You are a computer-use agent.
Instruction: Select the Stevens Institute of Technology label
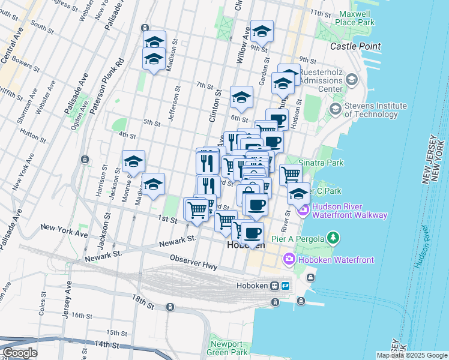click(371, 110)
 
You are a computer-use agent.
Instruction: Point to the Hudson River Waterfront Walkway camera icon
click(304, 209)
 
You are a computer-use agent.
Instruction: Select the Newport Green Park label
click(228, 348)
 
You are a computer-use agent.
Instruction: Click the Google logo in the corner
click(19, 353)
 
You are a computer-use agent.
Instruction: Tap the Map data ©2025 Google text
click(411, 355)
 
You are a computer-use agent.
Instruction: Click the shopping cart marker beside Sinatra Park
click(291, 175)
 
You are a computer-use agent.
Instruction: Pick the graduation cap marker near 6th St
click(241, 97)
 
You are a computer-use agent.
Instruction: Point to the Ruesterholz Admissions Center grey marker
click(351, 79)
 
